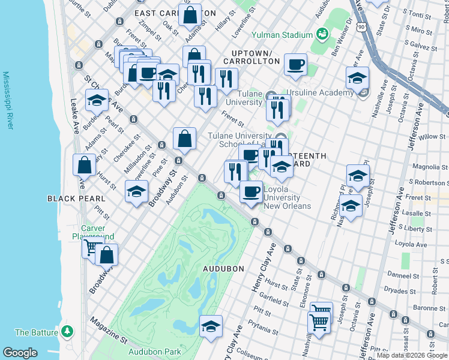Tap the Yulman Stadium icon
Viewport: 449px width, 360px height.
323,35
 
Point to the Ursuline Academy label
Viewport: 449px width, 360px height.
320,92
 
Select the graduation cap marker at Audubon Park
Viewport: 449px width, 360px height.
211,326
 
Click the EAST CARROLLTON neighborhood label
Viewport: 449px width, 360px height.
175,13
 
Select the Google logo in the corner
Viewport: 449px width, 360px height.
20,353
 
